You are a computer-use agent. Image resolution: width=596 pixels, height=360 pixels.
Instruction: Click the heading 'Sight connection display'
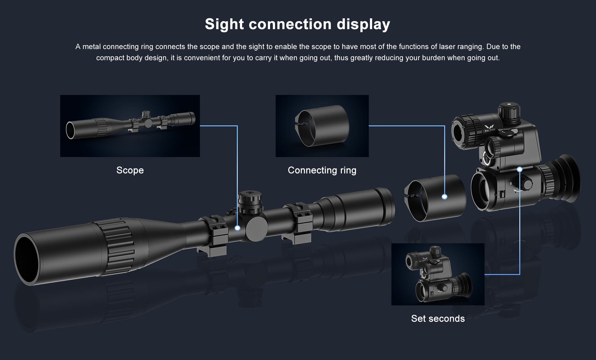[x=297, y=24]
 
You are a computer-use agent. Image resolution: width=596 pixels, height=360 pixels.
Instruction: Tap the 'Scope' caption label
[x=130, y=170]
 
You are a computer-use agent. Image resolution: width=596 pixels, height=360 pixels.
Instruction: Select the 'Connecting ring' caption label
[x=322, y=170]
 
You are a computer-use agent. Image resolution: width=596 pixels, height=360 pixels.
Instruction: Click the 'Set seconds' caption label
[x=438, y=318]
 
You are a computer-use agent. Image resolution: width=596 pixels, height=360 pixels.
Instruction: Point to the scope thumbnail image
[x=130, y=126]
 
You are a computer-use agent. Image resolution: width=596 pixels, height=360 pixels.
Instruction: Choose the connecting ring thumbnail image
[x=322, y=126]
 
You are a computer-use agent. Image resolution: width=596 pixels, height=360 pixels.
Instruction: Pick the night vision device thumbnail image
[x=438, y=274]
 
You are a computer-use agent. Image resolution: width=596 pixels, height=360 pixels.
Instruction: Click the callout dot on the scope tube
[x=237, y=228]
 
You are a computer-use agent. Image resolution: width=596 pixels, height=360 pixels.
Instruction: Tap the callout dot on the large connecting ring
[x=445, y=197]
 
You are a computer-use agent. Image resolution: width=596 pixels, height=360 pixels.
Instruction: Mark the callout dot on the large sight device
[x=520, y=169]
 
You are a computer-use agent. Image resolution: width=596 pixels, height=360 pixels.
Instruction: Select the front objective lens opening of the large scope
[x=27, y=259]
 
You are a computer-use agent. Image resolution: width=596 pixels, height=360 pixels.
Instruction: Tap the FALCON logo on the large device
[x=490, y=128]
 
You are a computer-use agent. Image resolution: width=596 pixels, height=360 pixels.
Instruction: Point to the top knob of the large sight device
[x=509, y=113]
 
